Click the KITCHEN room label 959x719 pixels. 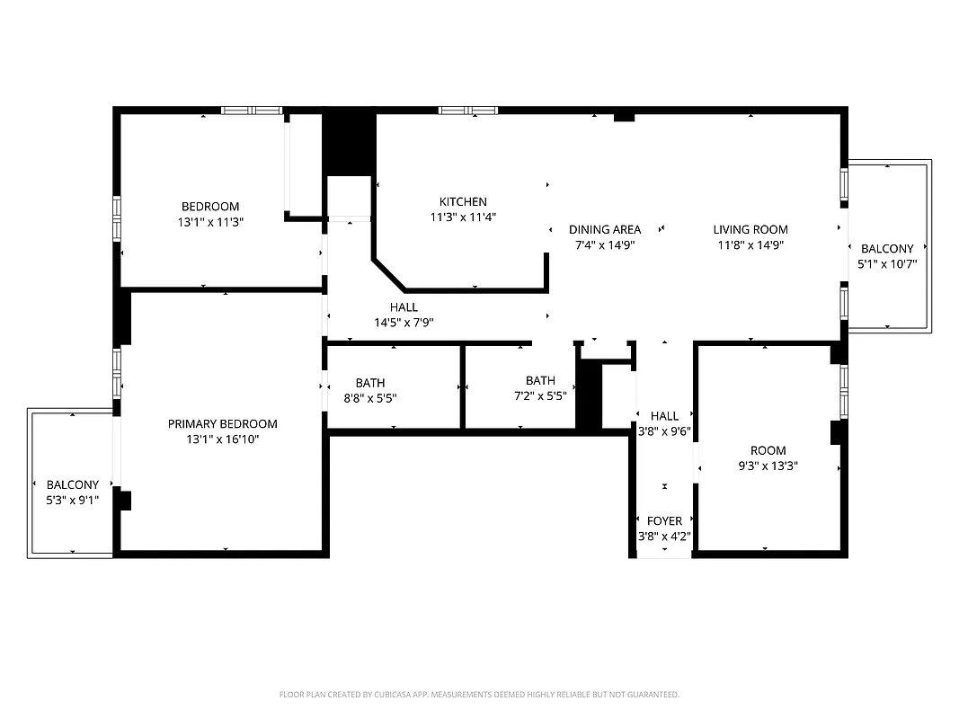(x=463, y=202)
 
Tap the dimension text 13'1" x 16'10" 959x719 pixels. (x=223, y=439)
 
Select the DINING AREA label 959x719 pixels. (x=605, y=229)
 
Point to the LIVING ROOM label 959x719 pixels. (x=750, y=229)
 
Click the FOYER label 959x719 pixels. (x=664, y=521)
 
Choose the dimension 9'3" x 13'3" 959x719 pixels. (x=768, y=466)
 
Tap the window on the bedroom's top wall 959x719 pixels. (x=253, y=111)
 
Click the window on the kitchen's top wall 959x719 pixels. (x=468, y=111)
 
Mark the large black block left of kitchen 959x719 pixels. (x=349, y=142)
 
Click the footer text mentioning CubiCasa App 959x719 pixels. (x=479, y=695)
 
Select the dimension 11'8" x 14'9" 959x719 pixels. (x=750, y=244)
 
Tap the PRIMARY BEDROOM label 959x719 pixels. (x=223, y=424)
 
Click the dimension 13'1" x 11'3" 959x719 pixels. (x=210, y=222)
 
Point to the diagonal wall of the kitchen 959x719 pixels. (x=390, y=275)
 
